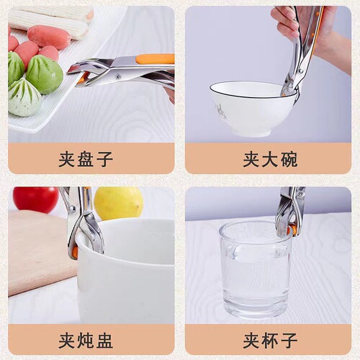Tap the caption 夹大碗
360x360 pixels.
point(269,159)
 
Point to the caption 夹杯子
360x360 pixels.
point(269,340)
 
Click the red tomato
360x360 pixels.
point(35,199)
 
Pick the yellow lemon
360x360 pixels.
point(118,203)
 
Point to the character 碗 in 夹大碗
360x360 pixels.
point(289,159)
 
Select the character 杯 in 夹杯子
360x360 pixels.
point(269,340)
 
